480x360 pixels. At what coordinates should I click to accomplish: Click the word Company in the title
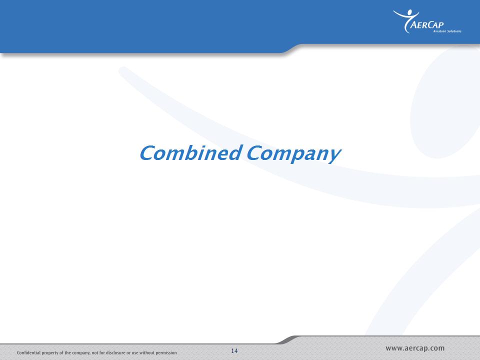click(293, 154)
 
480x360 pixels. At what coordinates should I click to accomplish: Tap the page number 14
click(234, 351)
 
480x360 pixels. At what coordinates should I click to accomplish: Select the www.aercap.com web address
click(415, 348)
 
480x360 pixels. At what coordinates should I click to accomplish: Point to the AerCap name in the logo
click(426, 24)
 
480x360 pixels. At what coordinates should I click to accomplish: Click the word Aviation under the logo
click(439, 31)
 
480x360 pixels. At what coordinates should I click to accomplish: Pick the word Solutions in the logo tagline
click(454, 31)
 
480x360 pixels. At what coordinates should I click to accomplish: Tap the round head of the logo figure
click(409, 12)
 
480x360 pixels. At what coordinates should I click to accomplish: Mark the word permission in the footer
click(166, 353)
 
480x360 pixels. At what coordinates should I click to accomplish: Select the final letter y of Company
click(334, 156)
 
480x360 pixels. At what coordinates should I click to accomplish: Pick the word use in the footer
click(135, 353)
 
